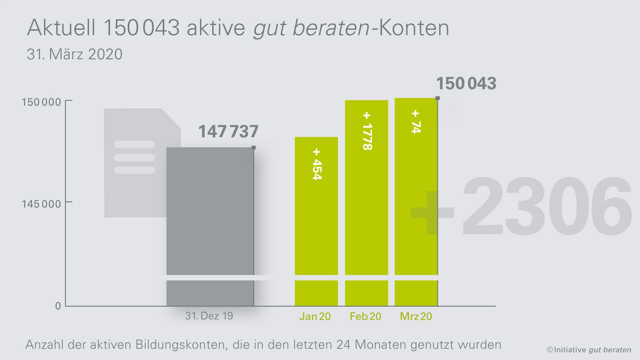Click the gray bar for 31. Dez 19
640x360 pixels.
click(x=210, y=213)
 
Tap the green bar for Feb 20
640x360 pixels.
click(x=366, y=207)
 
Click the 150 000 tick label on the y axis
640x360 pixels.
click(x=41, y=102)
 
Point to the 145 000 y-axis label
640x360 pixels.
click(x=41, y=204)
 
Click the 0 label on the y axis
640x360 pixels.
click(x=58, y=306)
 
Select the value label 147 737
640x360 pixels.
click(x=228, y=131)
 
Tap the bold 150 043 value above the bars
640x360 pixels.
click(x=466, y=83)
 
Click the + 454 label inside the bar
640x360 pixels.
click(x=317, y=164)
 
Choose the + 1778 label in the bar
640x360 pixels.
click(x=367, y=131)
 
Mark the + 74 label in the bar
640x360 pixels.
click(x=416, y=122)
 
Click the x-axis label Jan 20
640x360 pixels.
click(x=315, y=316)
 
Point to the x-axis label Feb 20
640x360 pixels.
click(x=365, y=316)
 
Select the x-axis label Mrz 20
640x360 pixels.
click(x=416, y=316)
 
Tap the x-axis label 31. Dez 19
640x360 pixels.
click(x=209, y=316)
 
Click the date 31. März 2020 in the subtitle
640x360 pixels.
click(x=75, y=54)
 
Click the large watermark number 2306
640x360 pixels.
click(x=547, y=207)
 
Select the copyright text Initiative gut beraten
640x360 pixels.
click(x=589, y=350)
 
